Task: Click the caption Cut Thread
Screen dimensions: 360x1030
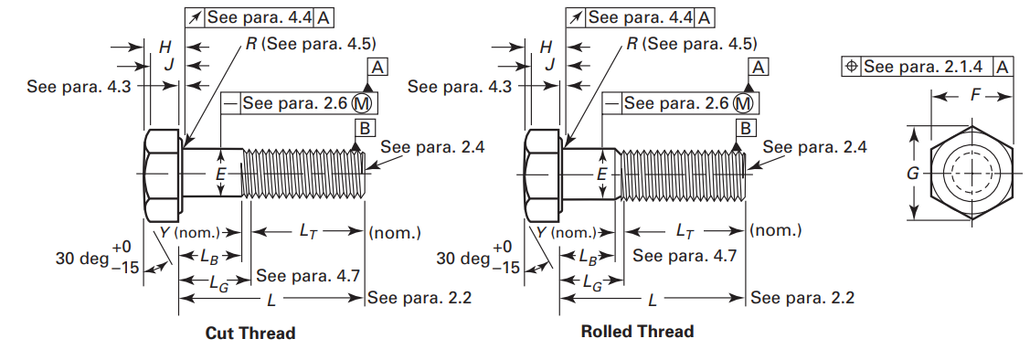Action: pos(250,334)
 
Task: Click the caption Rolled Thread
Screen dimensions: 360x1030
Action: pos(637,332)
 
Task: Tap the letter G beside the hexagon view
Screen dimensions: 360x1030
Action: pos(912,174)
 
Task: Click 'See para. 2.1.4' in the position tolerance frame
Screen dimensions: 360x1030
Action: pos(923,67)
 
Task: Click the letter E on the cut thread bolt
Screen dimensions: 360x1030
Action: pos(220,173)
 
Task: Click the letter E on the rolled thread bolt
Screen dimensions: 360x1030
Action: pos(601,173)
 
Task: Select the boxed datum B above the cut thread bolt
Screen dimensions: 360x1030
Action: pos(364,127)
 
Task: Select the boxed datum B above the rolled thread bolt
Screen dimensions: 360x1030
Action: pos(745,127)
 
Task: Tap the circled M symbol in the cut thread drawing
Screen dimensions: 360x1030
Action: pos(364,103)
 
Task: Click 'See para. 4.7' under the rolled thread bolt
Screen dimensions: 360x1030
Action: pos(685,256)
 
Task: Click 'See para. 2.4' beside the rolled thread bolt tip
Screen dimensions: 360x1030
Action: pos(814,146)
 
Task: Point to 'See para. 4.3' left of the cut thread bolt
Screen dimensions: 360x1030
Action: pos(68,86)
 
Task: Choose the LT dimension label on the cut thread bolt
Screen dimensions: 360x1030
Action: pos(309,232)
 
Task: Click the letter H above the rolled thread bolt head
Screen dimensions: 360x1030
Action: pos(547,46)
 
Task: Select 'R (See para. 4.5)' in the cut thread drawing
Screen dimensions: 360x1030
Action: pos(312,44)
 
